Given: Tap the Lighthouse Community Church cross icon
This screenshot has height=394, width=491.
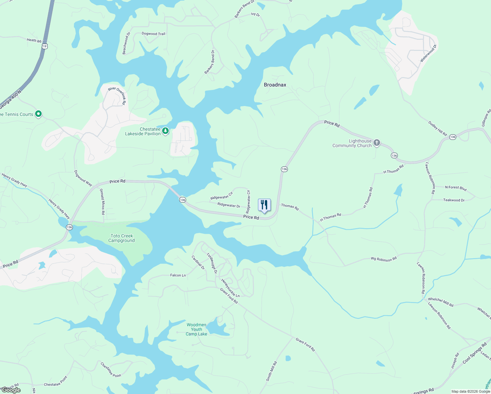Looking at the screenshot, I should (377, 142).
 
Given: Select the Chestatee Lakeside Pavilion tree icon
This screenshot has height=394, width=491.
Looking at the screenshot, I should (166, 131).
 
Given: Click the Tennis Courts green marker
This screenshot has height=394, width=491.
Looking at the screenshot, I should (38, 114).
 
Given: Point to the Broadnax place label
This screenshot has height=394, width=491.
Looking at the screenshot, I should (275, 85).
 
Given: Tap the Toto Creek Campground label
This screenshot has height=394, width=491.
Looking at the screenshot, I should (121, 238).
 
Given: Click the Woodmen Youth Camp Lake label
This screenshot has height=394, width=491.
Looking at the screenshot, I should (197, 329).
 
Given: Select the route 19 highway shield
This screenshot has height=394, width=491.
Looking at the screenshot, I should (45, 46).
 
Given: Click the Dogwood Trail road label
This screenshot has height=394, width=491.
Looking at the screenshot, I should (153, 34).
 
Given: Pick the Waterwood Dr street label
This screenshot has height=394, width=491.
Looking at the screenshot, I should (428, 54).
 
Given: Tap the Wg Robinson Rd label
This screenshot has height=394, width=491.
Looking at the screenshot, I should (384, 259).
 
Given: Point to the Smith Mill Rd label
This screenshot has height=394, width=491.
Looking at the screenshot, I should (271, 371).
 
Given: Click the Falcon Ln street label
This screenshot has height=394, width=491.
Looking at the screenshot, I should (178, 275).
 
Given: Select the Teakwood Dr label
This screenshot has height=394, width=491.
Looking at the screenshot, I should (454, 200).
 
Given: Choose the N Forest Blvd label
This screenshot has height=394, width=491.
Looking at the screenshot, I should (456, 188).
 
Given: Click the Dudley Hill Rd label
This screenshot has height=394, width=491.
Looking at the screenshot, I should (438, 128).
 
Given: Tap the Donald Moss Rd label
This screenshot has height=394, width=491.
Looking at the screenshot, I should (102, 202).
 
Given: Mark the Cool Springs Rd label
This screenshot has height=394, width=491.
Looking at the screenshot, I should (475, 353).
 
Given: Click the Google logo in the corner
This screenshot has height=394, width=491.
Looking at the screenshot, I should (11, 390).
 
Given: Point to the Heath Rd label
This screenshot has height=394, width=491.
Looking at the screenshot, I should (34, 40).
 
